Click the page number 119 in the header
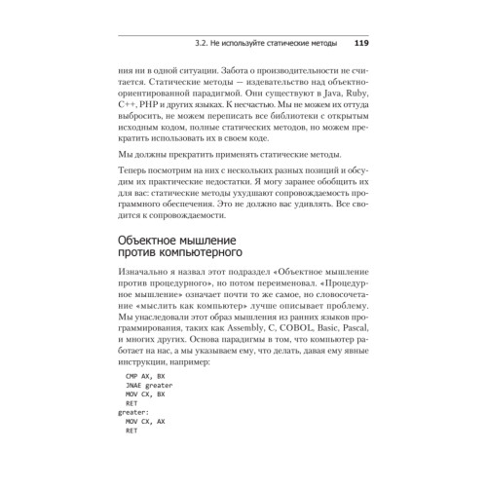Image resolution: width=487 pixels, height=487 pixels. click(x=360, y=43)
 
